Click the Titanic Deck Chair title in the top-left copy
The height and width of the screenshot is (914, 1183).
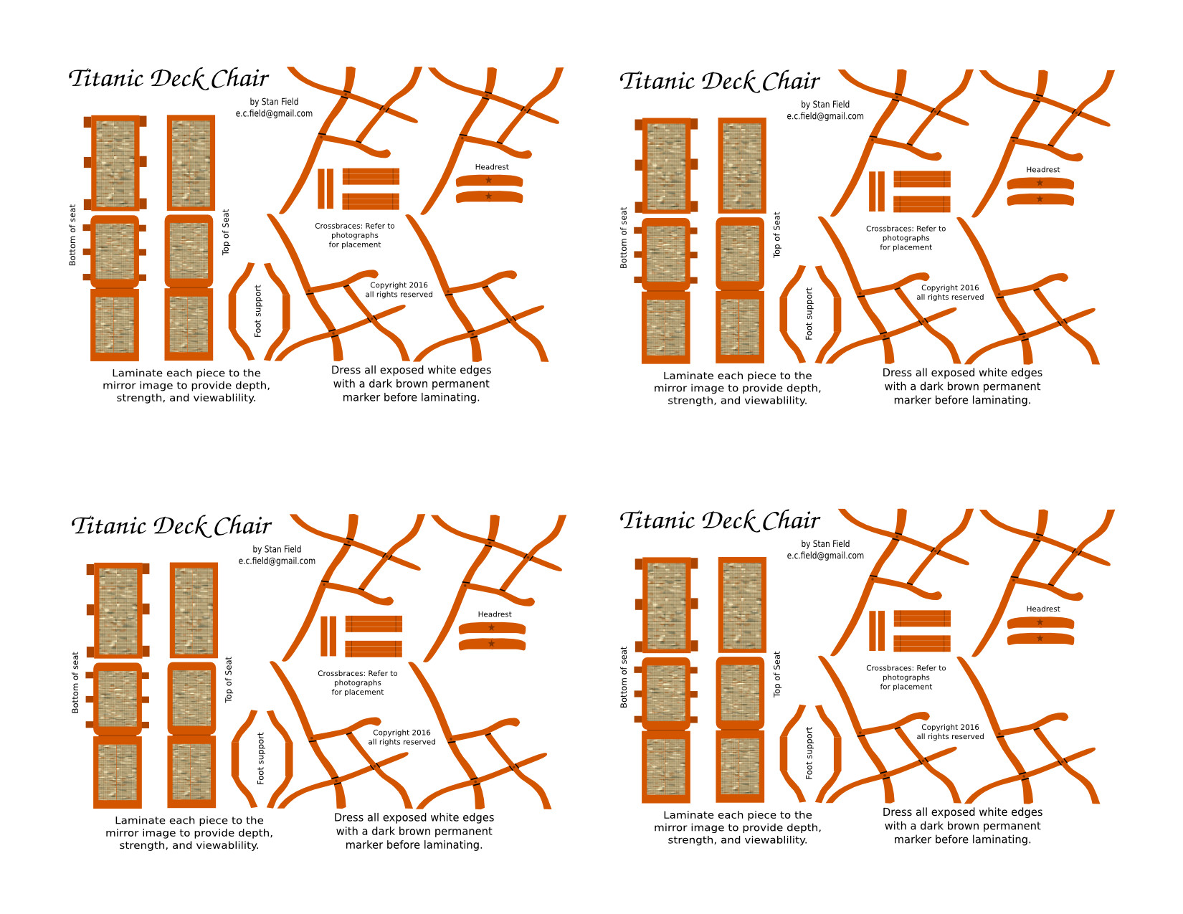[168, 79]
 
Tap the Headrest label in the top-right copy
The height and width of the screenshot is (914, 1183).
[1042, 170]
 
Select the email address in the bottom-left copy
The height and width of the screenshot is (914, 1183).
[277, 561]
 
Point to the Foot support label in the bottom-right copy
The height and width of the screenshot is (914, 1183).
[809, 753]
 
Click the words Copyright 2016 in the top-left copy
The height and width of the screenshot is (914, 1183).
[399, 285]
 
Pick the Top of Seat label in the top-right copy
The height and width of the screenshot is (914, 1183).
[776, 234]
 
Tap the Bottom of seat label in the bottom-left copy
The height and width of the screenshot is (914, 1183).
[75, 682]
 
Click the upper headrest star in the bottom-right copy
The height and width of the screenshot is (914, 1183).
[1040, 622]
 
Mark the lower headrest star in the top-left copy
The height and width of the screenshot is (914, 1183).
[488, 196]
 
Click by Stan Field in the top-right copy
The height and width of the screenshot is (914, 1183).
[825, 105]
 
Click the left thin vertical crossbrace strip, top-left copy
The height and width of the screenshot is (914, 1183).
[320, 189]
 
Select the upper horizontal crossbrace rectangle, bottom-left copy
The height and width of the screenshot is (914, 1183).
[374, 624]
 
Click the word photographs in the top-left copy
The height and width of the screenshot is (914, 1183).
[354, 236]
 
